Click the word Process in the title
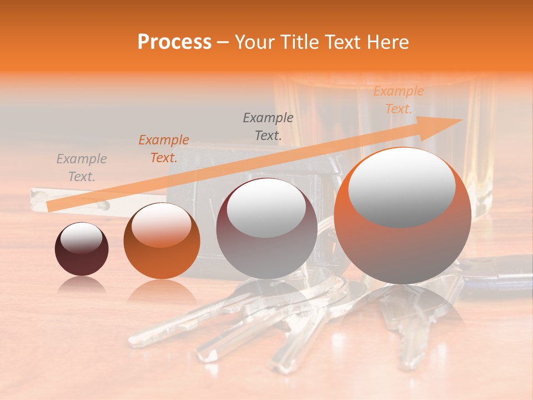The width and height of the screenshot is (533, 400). (x=174, y=42)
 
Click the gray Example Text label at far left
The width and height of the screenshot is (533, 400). (x=82, y=168)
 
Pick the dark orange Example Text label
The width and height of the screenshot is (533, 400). (x=164, y=149)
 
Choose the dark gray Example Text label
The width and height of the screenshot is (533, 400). (x=268, y=126)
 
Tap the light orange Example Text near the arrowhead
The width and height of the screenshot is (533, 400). (x=398, y=100)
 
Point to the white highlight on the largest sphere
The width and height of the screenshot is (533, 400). (x=402, y=186)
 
